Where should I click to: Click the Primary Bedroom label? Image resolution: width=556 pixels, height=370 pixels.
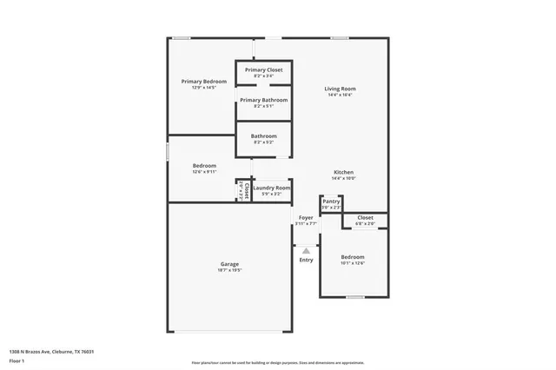click(x=203, y=82)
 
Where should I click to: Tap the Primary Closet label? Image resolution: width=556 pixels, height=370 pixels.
click(x=263, y=69)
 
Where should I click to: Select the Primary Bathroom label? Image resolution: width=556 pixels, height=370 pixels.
click(x=263, y=100)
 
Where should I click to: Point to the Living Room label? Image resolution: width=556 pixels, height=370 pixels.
click(x=341, y=89)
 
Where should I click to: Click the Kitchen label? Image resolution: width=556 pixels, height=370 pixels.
click(x=344, y=172)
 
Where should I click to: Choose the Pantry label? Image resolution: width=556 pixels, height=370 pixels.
click(x=331, y=201)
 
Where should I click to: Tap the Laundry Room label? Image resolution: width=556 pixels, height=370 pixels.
click(x=271, y=188)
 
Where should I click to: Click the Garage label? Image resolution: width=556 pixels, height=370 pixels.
click(x=229, y=264)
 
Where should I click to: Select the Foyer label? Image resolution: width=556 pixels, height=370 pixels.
click(x=306, y=217)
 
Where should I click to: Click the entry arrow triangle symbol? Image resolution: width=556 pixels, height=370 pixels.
click(x=306, y=250)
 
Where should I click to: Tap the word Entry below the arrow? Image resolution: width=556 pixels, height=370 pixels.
click(x=306, y=260)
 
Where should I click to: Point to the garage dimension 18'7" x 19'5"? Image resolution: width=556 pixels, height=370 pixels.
click(x=229, y=270)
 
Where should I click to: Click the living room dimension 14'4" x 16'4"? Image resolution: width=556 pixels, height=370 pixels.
click(x=341, y=95)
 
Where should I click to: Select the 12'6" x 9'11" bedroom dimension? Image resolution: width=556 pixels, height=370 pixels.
click(x=204, y=171)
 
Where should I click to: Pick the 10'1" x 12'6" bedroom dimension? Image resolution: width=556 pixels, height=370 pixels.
click(x=352, y=263)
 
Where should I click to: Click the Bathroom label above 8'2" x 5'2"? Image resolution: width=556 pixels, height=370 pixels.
click(x=264, y=135)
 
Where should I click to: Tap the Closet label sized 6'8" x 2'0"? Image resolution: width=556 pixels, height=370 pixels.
click(x=365, y=217)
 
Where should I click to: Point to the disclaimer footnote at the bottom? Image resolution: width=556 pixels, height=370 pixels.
click(x=278, y=362)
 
